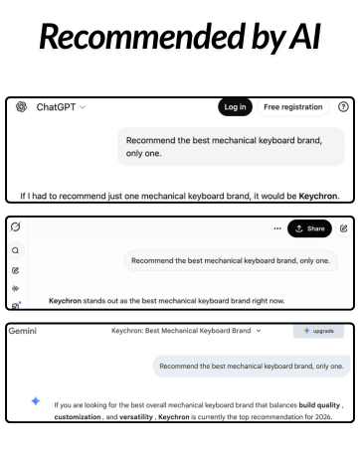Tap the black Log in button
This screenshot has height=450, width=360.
tap(235, 107)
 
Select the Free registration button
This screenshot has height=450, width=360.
tap(292, 107)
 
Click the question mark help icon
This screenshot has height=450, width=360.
tap(344, 107)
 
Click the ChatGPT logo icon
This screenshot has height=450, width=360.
tap(21, 107)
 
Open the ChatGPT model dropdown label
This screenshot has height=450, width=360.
tap(61, 107)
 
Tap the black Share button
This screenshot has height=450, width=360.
tap(309, 228)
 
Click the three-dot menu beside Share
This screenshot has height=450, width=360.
tap(277, 228)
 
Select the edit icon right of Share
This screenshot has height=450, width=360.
tap(344, 228)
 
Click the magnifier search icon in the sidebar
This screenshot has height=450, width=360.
tap(15, 250)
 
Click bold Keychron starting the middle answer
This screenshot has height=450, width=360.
tap(65, 299)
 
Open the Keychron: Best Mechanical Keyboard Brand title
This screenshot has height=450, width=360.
tap(185, 330)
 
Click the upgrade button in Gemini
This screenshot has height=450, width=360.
tap(318, 331)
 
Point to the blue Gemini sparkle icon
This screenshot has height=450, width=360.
tap(35, 401)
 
